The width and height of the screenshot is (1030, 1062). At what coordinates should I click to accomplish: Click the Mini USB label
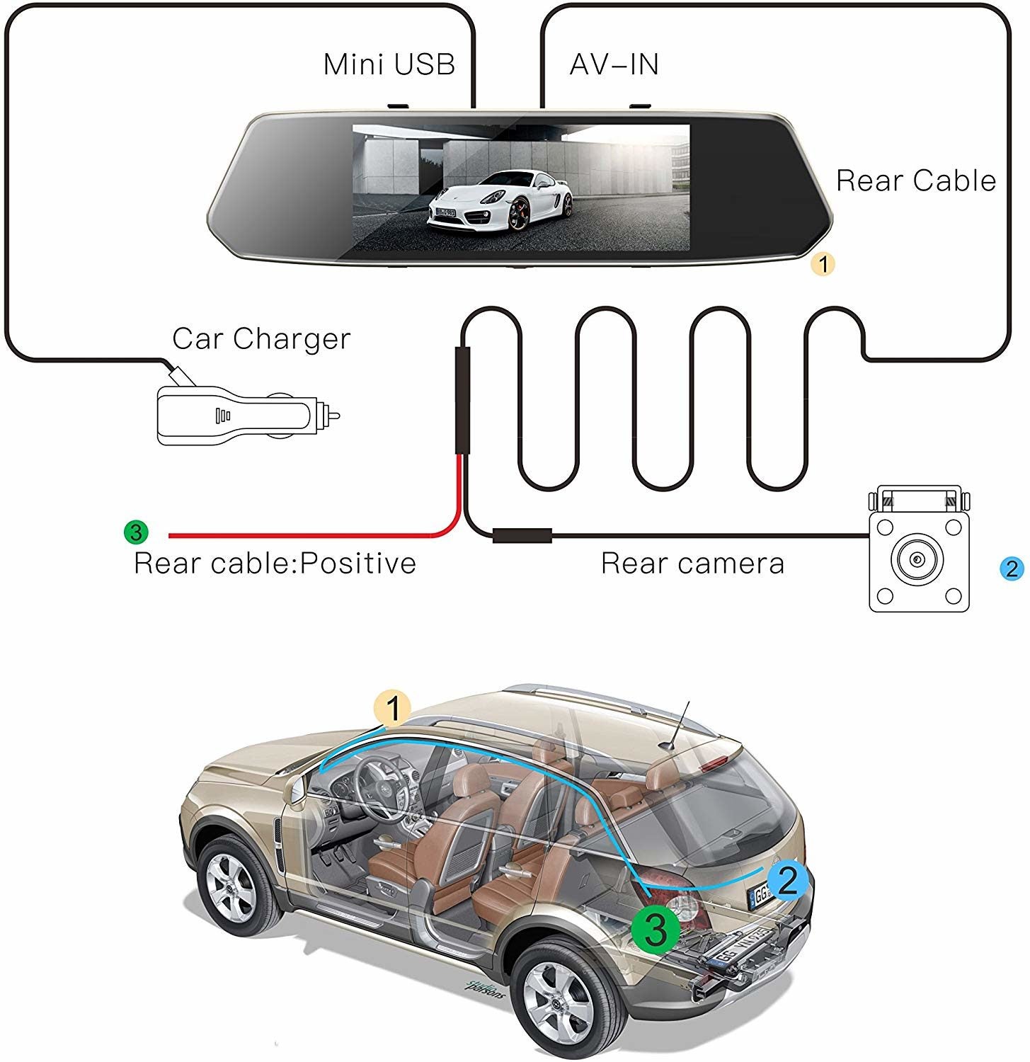point(389,64)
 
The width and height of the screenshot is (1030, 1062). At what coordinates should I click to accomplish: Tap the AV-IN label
point(614,64)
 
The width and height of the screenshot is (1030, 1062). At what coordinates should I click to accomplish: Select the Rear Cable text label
point(916,181)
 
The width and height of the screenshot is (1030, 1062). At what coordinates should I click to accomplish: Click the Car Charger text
point(261,338)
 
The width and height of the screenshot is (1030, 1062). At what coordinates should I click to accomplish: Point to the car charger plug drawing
point(244,414)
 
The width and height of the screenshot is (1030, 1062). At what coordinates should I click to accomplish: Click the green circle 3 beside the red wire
point(135,531)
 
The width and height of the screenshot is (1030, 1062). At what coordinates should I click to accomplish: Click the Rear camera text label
point(692,564)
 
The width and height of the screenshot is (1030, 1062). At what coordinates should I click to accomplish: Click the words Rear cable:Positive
point(275,564)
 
